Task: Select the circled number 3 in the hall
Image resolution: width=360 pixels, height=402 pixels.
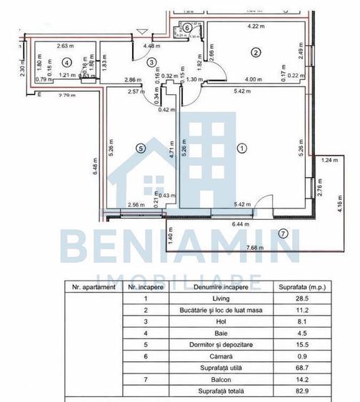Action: pos(151,63)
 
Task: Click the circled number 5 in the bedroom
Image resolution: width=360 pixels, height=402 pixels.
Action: pos(140,148)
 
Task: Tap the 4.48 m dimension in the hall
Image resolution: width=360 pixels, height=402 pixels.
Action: pos(151,46)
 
